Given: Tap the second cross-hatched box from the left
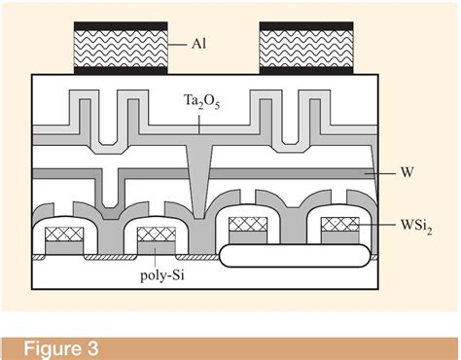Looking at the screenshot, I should (157, 236).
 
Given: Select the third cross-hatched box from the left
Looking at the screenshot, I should (247, 226).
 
